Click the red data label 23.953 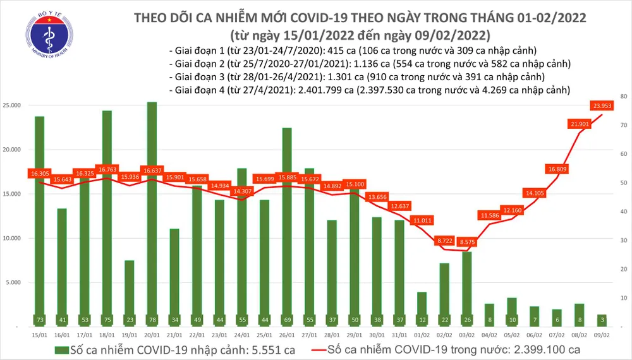(604, 105)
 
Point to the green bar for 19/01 (130, 291)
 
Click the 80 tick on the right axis (623, 97)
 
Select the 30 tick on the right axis (623, 241)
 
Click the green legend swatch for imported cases (63, 349)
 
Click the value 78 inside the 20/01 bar (152, 320)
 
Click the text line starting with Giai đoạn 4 (370, 90)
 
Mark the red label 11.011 (422, 220)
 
